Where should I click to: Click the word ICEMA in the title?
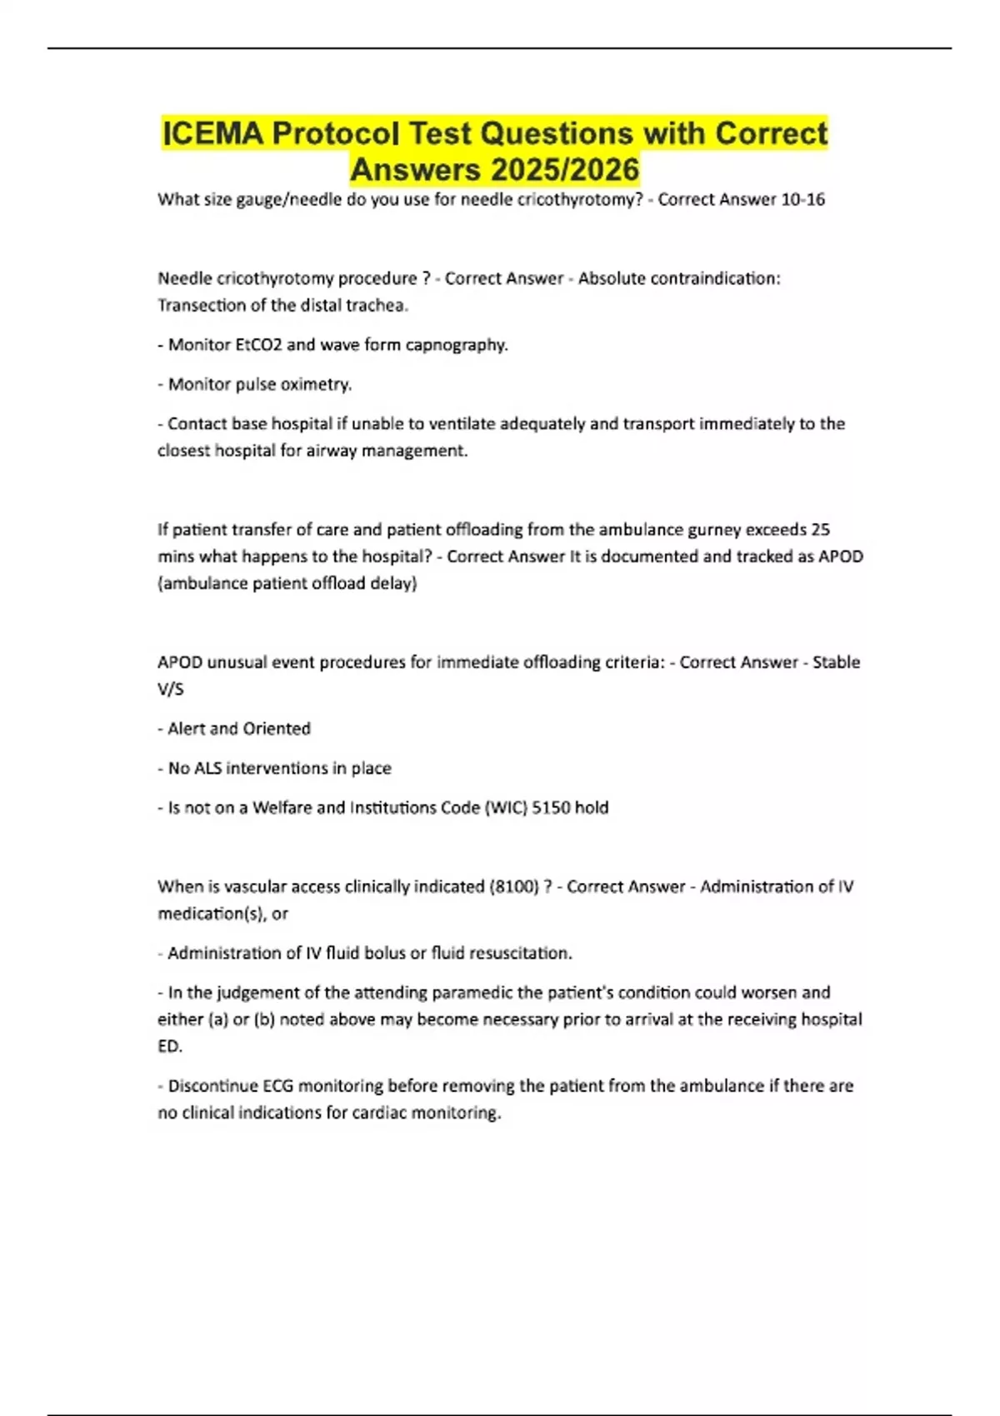click(x=212, y=133)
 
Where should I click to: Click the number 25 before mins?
click(x=820, y=530)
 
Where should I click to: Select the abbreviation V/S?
click(x=170, y=689)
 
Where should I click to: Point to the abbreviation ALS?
click(x=207, y=768)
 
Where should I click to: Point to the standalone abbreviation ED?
click(x=169, y=1046)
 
